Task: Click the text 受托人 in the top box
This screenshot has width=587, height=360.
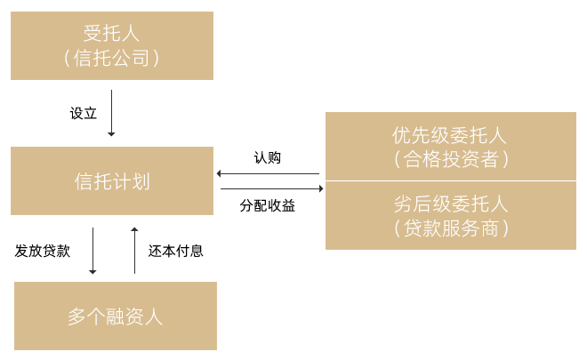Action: tap(112, 35)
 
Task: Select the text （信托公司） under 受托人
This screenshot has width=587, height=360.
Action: tap(112, 59)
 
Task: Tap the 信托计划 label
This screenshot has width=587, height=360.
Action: tap(112, 182)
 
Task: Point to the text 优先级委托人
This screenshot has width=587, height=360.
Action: tap(450, 136)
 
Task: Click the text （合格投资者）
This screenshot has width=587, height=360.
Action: tap(450, 160)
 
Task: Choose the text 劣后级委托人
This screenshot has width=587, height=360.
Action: tap(450, 204)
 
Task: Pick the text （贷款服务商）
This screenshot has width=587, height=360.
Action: tap(450, 228)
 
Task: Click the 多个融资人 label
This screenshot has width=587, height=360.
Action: tap(116, 316)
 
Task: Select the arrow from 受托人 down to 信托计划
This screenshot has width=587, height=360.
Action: tap(111, 112)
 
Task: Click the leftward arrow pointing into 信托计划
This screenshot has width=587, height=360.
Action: tap(269, 173)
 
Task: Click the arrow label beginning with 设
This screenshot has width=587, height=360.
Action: tap(83, 113)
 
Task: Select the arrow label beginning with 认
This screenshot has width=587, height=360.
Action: tap(267, 157)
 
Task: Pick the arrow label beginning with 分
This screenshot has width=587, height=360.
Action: tap(267, 205)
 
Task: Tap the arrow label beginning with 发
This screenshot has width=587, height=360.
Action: tap(42, 252)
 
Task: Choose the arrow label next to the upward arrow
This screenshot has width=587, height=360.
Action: tap(175, 252)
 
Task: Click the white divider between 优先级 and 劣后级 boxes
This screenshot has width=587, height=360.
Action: tap(450, 181)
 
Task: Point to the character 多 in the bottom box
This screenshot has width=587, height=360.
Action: tap(77, 316)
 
